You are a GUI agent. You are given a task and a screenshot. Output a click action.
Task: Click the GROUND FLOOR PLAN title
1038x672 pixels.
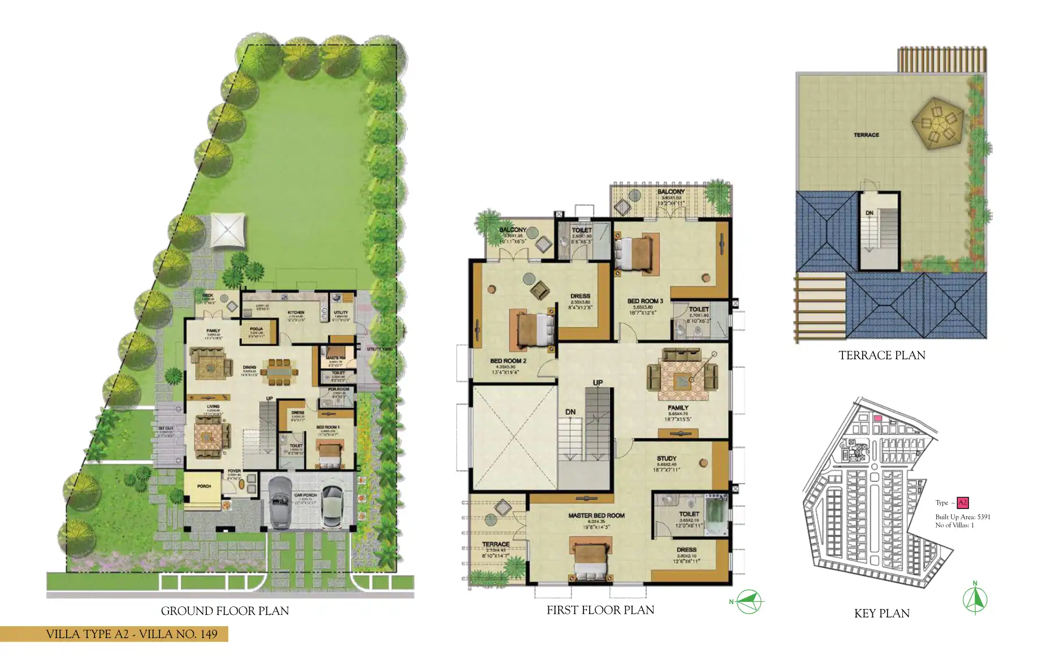224,611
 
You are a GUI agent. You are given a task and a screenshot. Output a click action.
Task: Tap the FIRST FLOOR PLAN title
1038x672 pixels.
600,610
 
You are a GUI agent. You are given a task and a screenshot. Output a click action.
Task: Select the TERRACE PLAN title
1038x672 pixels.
881,355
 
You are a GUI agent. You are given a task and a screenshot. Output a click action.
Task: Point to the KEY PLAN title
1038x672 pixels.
881,613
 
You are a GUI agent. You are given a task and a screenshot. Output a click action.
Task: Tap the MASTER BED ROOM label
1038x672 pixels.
596,515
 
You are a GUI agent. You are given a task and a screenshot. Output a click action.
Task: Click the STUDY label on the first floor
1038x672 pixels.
667,458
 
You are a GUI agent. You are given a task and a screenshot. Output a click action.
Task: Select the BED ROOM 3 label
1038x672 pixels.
645,301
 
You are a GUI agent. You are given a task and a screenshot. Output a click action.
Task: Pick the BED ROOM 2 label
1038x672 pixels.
508,361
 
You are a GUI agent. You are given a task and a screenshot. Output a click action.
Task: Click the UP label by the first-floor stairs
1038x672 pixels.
598,383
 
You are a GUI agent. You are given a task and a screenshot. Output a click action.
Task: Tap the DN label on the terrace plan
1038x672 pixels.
869,213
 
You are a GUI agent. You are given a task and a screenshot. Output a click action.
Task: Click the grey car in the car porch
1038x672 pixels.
279,502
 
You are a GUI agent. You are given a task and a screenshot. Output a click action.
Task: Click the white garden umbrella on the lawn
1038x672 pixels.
228,230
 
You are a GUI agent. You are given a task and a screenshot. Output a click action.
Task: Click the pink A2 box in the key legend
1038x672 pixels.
962,502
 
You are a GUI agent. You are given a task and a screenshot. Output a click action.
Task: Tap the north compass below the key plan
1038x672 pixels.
975,600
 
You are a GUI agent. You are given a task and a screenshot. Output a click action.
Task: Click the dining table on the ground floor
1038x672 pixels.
279,372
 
